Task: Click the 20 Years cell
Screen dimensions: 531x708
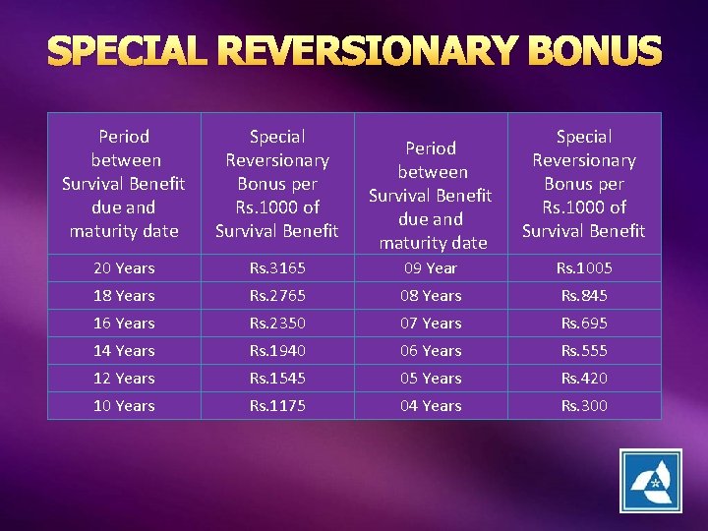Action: (x=124, y=267)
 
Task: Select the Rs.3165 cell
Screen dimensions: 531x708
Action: (x=277, y=267)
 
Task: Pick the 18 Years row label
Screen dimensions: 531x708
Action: (x=124, y=295)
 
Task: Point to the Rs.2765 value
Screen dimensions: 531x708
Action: (x=277, y=295)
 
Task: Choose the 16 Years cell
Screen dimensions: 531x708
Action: (x=124, y=323)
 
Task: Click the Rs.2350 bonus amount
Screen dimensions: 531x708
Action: (x=277, y=323)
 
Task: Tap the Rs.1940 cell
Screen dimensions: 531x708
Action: (x=277, y=350)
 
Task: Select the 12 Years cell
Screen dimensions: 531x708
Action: (x=124, y=378)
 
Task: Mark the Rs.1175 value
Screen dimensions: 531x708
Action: (x=277, y=405)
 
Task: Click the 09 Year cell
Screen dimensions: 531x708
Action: (x=431, y=267)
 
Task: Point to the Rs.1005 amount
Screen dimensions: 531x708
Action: (x=584, y=267)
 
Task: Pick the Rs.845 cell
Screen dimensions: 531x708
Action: (x=584, y=295)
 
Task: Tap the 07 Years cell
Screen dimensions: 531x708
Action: (x=431, y=323)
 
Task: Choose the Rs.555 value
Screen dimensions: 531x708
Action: (x=584, y=350)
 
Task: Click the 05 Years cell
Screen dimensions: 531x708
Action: (x=431, y=378)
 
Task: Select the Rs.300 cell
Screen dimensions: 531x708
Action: (x=584, y=405)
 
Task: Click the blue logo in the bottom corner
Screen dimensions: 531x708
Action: (x=650, y=481)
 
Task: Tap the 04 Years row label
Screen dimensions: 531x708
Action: (x=431, y=405)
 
